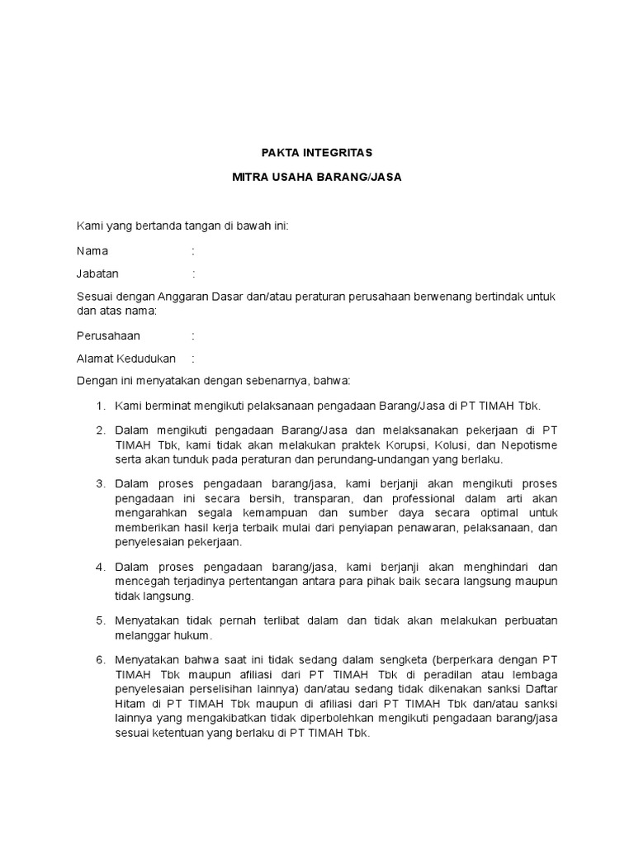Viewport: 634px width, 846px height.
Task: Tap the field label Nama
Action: (92, 250)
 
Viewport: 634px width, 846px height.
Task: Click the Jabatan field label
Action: (97, 273)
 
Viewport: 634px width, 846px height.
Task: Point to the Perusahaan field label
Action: (108, 336)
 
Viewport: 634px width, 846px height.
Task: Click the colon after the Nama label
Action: (193, 250)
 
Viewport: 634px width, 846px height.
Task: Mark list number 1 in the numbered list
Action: (99, 406)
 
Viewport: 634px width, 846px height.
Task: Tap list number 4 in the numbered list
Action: (99, 567)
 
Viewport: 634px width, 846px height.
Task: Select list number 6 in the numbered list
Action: (99, 661)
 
